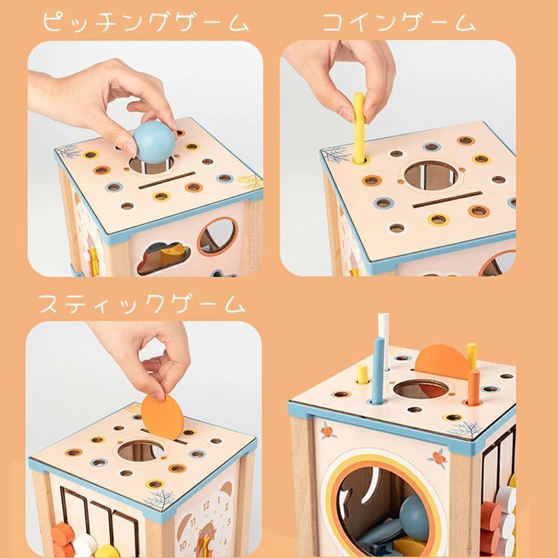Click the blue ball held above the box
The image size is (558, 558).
(153, 142)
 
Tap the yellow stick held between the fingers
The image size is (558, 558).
(359, 127)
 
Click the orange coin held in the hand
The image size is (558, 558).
(163, 416)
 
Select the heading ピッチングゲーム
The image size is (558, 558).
(146, 22)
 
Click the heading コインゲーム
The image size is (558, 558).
(399, 22)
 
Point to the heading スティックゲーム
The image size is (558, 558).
(142, 305)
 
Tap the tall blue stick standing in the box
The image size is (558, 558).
(378, 371)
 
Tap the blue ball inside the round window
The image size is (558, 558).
(414, 511)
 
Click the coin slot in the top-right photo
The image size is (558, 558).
(447, 199)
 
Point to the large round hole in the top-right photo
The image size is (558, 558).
(430, 176)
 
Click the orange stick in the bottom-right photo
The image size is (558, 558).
(474, 387)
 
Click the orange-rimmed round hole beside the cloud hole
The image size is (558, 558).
(218, 236)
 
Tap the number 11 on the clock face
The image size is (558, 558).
(193, 522)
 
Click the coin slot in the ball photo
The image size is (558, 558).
(167, 180)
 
